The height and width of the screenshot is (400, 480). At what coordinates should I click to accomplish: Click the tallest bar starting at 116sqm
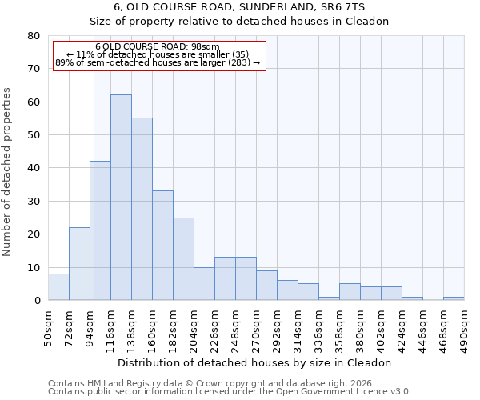pyautogui.click(x=121, y=198)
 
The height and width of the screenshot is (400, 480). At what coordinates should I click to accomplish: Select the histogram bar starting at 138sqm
pyautogui.click(x=142, y=209)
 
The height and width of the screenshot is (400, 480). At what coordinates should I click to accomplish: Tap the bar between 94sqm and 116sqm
pyautogui.click(x=100, y=230)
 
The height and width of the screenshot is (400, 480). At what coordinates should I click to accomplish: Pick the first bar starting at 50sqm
pyautogui.click(x=58, y=286)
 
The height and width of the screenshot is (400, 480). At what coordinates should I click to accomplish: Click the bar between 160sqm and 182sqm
pyautogui.click(x=162, y=246)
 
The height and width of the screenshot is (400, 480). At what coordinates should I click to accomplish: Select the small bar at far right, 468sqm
pyautogui.click(x=454, y=298)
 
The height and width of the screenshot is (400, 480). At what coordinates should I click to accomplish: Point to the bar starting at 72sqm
pyautogui.click(x=79, y=264)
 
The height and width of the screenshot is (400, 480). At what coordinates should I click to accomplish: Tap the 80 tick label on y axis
pyautogui.click(x=34, y=36)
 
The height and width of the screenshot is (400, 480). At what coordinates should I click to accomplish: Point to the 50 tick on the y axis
pyautogui.click(x=34, y=135)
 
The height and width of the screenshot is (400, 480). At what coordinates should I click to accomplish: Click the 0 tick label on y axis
pyautogui.click(x=37, y=301)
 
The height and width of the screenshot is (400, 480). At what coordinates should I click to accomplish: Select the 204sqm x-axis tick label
pyautogui.click(x=194, y=326)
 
